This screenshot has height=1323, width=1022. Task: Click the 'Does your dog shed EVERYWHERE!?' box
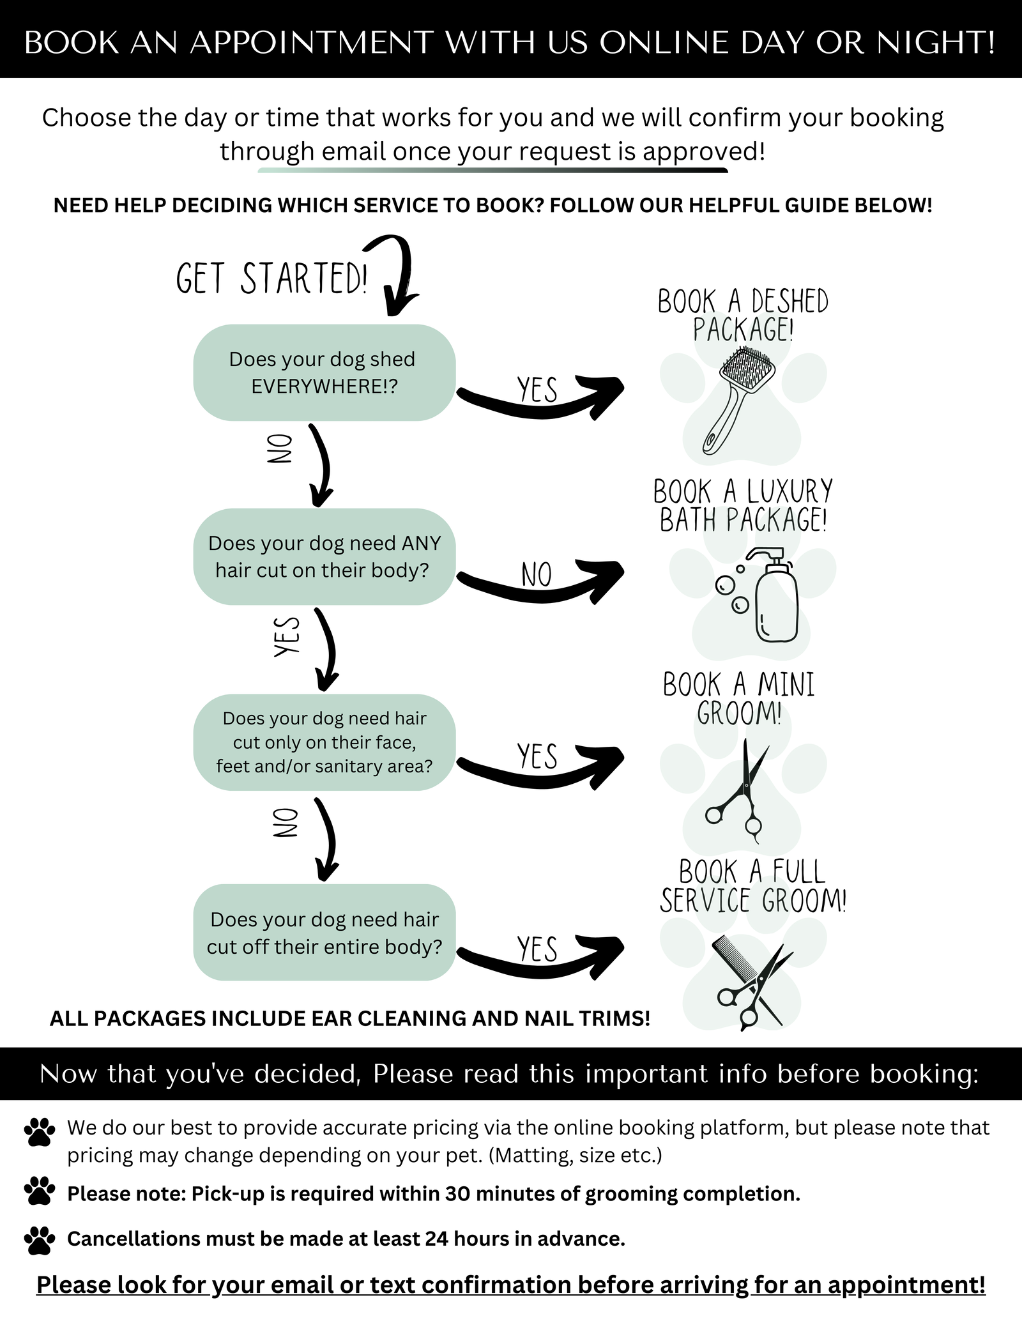click(x=324, y=372)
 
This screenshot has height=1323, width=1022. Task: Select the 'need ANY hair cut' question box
click(x=324, y=556)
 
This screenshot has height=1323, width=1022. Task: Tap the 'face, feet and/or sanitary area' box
click(x=324, y=742)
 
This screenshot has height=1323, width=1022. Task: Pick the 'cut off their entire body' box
click(x=324, y=933)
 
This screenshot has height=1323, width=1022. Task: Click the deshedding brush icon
click(x=738, y=400)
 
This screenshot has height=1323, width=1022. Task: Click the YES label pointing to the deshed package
click(x=537, y=390)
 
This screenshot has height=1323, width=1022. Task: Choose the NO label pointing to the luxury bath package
click(x=537, y=574)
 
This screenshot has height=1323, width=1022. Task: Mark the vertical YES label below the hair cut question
click(x=287, y=636)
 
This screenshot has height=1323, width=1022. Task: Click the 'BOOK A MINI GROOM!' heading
click(x=739, y=699)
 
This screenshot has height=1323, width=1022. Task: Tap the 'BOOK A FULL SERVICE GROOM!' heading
click(x=753, y=886)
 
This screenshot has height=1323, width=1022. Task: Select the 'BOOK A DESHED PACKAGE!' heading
click(x=743, y=316)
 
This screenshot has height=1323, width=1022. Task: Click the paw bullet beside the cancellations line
click(x=40, y=1240)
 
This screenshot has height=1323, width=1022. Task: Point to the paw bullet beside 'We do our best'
click(x=40, y=1131)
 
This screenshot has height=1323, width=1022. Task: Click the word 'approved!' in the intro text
click(x=703, y=152)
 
